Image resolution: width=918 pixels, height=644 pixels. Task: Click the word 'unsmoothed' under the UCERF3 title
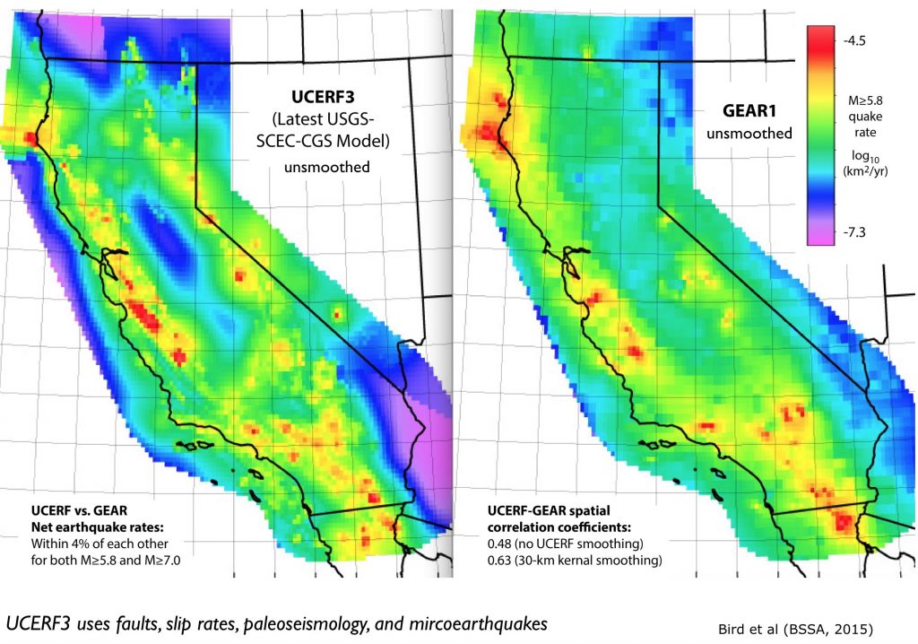(x=320, y=167)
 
